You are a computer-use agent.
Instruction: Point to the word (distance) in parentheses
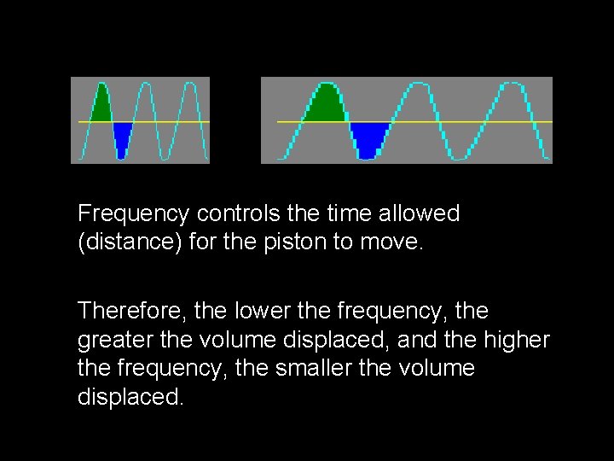[117, 242]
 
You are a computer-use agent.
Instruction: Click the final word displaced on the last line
[130, 398]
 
